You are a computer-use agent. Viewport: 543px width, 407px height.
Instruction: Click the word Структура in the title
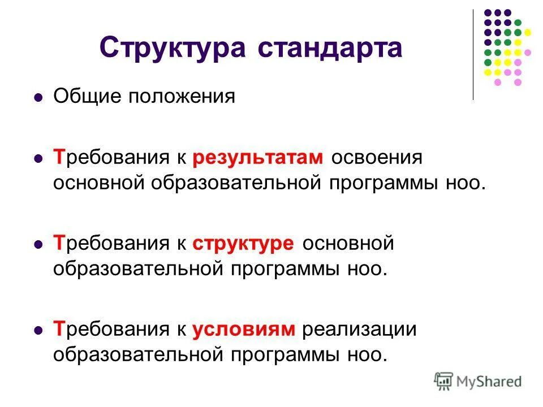173,47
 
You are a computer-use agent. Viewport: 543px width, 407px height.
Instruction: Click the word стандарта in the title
330,47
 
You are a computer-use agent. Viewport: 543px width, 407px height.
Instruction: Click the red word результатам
258,158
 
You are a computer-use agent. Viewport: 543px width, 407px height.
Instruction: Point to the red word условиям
244,329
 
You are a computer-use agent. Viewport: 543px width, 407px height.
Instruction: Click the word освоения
377,158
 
